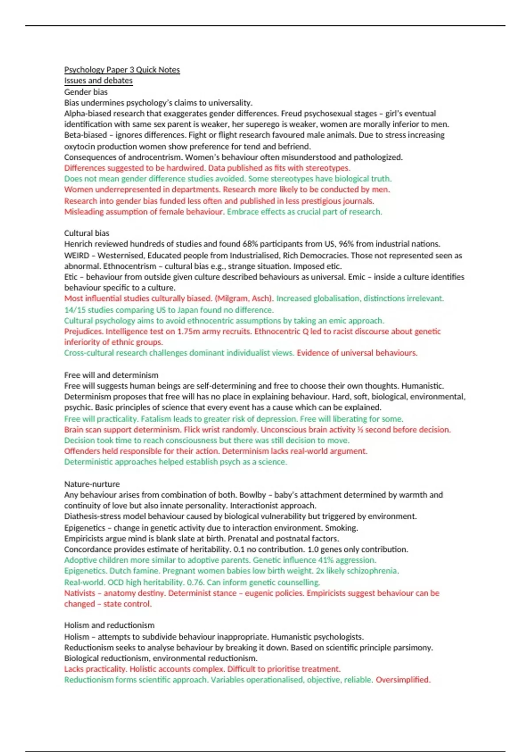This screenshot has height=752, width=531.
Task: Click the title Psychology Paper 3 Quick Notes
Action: coord(122,70)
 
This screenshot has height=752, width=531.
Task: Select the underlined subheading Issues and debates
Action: coord(98,81)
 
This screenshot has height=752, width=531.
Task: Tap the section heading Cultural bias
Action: coord(86,233)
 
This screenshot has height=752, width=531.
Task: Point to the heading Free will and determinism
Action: coord(111,375)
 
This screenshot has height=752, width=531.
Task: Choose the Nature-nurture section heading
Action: coord(92,484)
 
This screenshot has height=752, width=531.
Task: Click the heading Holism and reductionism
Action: coord(109,625)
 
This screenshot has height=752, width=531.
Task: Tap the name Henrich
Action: coord(78,244)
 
